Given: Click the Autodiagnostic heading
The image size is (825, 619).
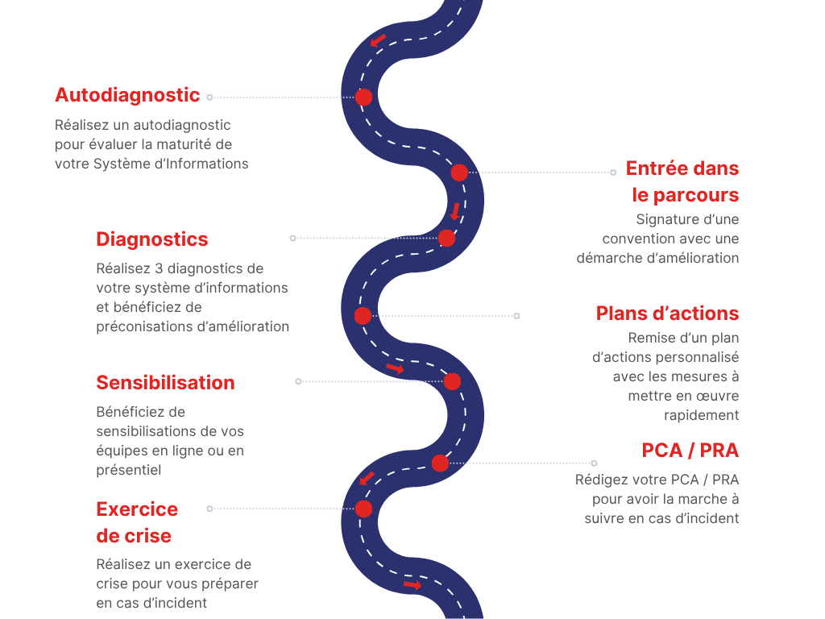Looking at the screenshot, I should click(127, 95).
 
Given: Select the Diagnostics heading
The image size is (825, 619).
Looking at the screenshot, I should click(152, 239).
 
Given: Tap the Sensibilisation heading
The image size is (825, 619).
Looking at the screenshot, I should click(165, 383).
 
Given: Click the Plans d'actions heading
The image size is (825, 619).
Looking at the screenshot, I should click(667, 314).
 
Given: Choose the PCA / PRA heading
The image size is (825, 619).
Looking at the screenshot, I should click(690, 450).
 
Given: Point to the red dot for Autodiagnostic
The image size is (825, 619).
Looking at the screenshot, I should click(364, 98).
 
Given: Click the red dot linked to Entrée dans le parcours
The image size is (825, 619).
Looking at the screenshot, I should click(459, 172).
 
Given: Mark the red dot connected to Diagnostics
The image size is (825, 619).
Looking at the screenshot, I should click(447, 239).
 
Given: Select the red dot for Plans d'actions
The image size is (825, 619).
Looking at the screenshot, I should click(363, 316).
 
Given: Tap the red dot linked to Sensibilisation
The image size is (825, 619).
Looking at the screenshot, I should click(452, 381).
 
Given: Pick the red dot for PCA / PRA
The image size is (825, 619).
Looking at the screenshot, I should click(440, 463).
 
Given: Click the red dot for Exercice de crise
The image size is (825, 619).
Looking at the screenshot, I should click(364, 509).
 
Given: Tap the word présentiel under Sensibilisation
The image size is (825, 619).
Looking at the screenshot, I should click(129, 470).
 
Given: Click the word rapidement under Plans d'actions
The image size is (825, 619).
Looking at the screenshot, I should click(701, 416).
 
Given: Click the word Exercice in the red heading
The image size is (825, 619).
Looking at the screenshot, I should click(137, 509).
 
